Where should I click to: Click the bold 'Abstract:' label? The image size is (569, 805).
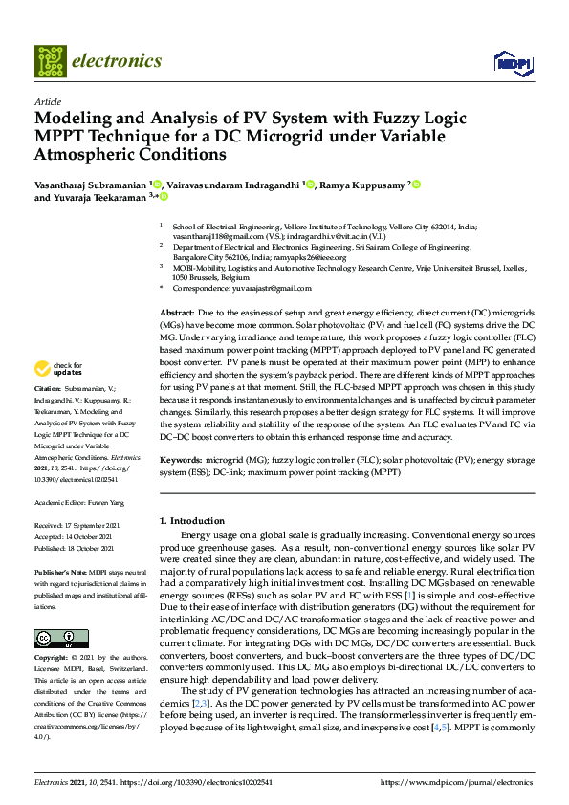(x=176, y=314)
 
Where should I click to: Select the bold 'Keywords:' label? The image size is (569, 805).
(x=181, y=460)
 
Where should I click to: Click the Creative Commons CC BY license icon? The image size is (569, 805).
(x=61, y=638)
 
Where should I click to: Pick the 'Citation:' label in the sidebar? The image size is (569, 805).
(x=48, y=417)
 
